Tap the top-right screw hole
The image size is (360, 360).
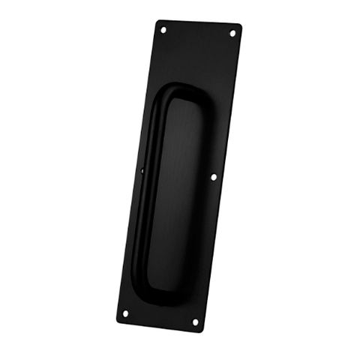232,33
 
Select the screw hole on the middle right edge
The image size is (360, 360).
213,178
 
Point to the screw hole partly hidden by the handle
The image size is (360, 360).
142,172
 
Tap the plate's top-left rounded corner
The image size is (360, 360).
159,22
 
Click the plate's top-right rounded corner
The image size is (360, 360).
239,27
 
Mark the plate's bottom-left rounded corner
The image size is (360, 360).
118,318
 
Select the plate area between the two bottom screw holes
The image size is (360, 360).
160,316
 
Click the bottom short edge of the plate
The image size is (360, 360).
158,325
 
